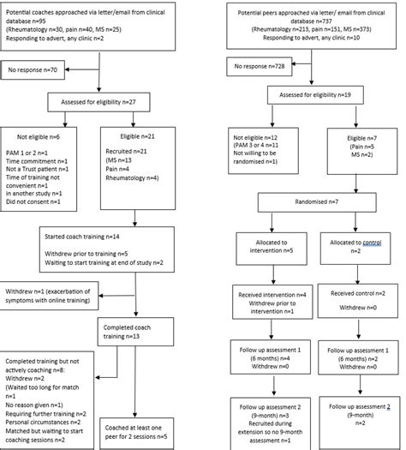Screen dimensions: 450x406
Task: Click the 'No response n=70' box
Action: (x=34, y=68)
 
